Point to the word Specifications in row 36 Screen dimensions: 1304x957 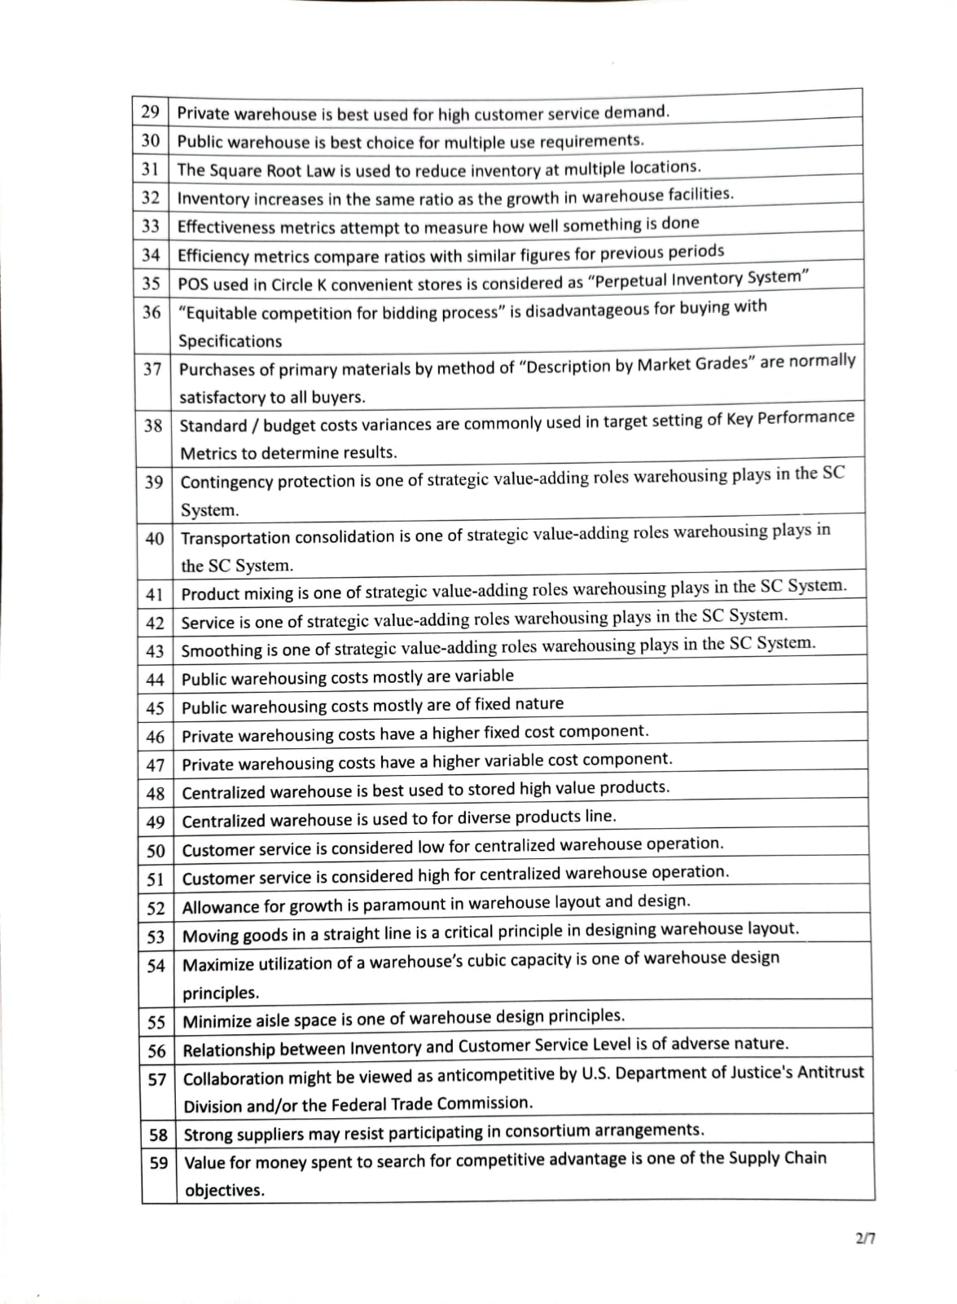click(230, 341)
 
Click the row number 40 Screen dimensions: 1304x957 click(154, 539)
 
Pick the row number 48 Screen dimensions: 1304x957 click(155, 793)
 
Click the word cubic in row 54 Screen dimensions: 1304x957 click(510, 961)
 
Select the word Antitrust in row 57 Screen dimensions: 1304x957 click(828, 1073)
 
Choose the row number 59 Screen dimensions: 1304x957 click(158, 1163)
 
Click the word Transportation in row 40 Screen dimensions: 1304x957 click(235, 538)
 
